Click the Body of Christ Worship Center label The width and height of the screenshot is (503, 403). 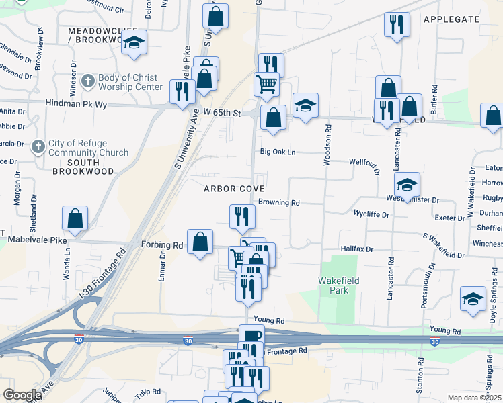tap(130, 82)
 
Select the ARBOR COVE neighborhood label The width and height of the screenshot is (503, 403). tap(234, 189)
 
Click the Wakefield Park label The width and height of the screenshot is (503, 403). tap(334, 285)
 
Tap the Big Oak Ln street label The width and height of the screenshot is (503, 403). tap(278, 152)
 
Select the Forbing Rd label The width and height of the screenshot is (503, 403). tap(162, 245)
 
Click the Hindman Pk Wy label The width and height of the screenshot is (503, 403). tap(77, 104)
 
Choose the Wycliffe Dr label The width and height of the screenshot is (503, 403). tap(372, 214)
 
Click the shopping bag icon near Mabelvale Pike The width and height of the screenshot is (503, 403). tap(75, 218)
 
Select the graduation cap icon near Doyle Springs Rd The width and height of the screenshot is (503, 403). tap(473, 298)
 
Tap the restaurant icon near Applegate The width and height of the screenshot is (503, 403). tap(397, 24)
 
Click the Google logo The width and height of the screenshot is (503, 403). tap(22, 395)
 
